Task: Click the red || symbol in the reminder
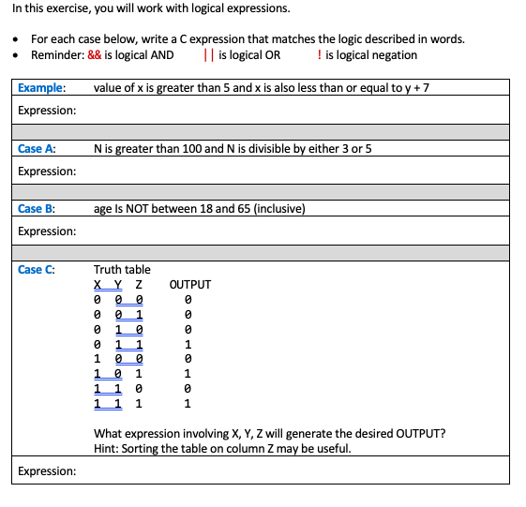pyautogui.click(x=208, y=55)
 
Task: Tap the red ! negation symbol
pyautogui.click(x=321, y=55)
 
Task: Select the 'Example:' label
pyautogui.click(x=41, y=88)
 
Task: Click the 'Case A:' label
pyautogui.click(x=37, y=148)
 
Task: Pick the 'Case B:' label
pyautogui.click(x=37, y=209)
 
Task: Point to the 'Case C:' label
pyautogui.click(x=37, y=270)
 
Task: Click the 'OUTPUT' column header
pyautogui.click(x=190, y=285)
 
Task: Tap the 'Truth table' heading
pyautogui.click(x=122, y=270)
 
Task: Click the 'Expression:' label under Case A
pyautogui.click(x=47, y=171)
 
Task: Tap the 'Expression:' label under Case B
pyautogui.click(x=47, y=231)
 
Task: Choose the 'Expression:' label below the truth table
pyautogui.click(x=47, y=471)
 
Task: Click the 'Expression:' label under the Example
pyautogui.click(x=47, y=111)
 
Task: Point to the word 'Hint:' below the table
pyautogui.click(x=108, y=449)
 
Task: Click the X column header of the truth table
pyautogui.click(x=98, y=285)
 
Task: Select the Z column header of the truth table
pyautogui.click(x=139, y=285)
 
